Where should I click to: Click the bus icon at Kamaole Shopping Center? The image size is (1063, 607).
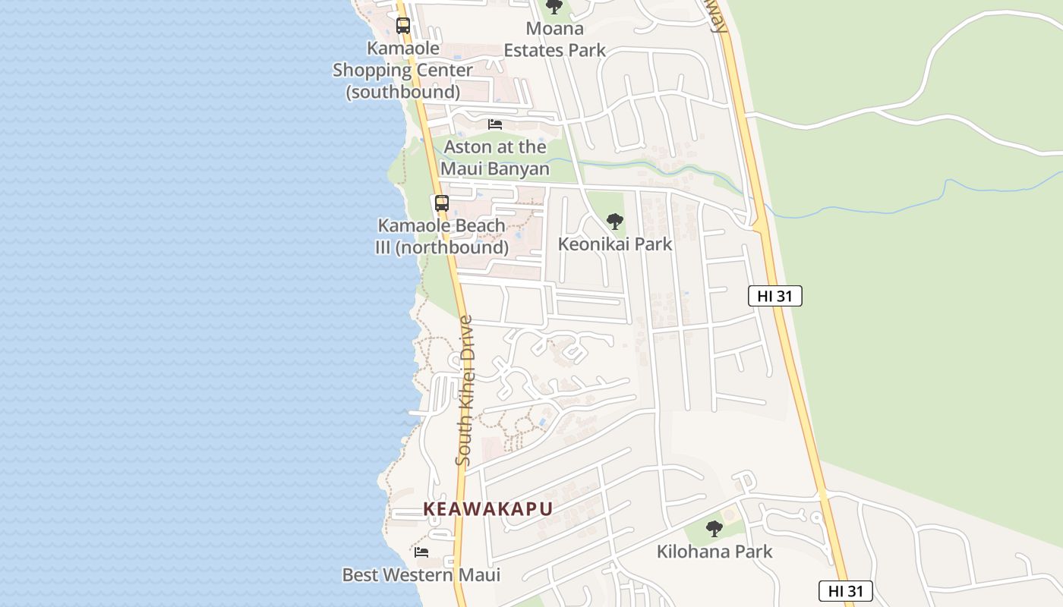pyautogui.click(x=402, y=26)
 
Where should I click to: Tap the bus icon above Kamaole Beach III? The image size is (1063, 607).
pyautogui.click(x=441, y=203)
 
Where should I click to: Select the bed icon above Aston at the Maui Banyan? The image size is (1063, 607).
pyautogui.click(x=495, y=124)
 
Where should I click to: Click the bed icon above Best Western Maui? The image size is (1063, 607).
pyautogui.click(x=421, y=552)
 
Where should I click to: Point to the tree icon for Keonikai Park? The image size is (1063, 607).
pyautogui.click(x=615, y=222)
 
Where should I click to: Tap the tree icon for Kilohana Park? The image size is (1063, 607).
pyautogui.click(x=714, y=529)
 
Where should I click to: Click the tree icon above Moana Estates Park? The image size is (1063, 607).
pyautogui.click(x=554, y=7)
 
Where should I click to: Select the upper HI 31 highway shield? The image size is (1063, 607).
pyautogui.click(x=774, y=296)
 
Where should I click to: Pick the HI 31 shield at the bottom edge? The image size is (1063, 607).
pyautogui.click(x=845, y=592)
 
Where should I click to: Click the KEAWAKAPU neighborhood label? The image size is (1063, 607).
pyautogui.click(x=487, y=509)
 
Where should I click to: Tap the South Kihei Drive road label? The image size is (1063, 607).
pyautogui.click(x=465, y=390)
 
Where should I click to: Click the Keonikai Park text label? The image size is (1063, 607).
pyautogui.click(x=615, y=244)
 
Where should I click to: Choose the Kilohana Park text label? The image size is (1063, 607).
pyautogui.click(x=714, y=552)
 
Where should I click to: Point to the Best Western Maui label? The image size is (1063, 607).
pyautogui.click(x=421, y=575)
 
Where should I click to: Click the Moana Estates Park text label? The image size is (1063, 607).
pyautogui.click(x=555, y=39)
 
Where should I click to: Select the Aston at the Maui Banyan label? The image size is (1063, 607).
pyautogui.click(x=495, y=158)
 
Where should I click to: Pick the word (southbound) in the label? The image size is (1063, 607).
pyautogui.click(x=403, y=93)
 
